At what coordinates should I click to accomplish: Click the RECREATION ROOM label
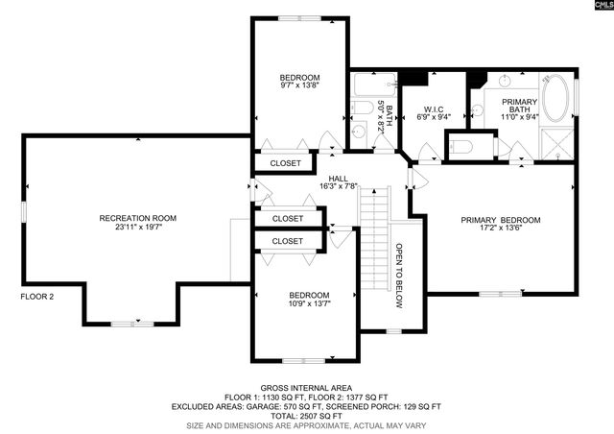(138, 218)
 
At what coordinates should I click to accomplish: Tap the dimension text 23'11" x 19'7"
(138, 229)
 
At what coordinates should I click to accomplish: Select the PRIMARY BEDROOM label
(500, 220)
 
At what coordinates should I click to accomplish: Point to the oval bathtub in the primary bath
(556, 98)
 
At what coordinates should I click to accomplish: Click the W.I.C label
(432, 108)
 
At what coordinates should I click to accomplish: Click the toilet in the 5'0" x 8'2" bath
(361, 132)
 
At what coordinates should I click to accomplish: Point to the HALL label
(338, 178)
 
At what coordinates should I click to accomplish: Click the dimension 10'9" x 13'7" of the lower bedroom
(309, 304)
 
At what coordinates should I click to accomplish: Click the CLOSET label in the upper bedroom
(285, 163)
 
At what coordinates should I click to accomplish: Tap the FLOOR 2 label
(37, 297)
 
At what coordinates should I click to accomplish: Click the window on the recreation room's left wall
(24, 212)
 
